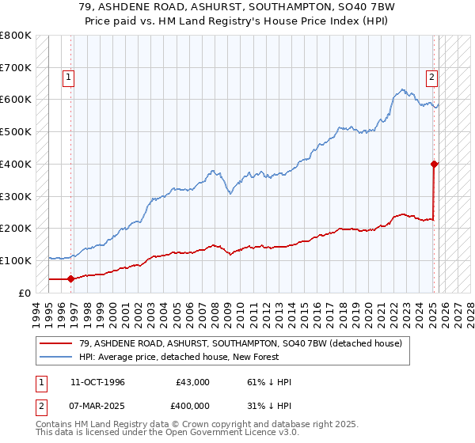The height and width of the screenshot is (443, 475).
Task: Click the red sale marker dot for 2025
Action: point(435,164)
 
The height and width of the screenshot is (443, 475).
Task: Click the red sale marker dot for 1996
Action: point(70,278)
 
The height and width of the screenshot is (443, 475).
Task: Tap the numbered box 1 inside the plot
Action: point(69,78)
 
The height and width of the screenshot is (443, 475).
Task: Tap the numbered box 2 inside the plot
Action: point(432,78)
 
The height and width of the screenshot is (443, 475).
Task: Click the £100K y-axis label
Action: point(16,260)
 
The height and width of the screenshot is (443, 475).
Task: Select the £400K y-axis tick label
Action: point(16,164)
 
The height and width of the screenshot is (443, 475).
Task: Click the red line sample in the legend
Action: point(55,343)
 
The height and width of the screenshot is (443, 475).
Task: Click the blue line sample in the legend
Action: point(55,357)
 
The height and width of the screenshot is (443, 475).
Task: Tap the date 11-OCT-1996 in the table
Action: point(92,382)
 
